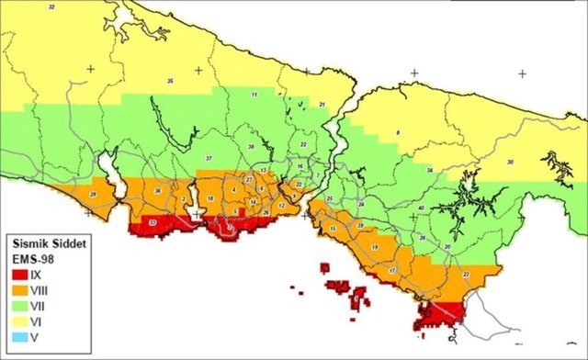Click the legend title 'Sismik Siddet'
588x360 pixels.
pos(49,245)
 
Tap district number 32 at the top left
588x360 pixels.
pos(51,7)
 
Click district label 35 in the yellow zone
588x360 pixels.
pos(171,82)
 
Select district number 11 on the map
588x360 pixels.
pos(254,95)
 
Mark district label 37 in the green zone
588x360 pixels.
pos(209,159)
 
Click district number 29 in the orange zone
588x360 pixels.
pos(93,195)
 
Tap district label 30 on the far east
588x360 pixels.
pos(510,163)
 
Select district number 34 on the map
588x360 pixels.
pos(430,171)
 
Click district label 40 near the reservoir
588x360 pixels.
pos(420,208)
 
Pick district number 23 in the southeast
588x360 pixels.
pos(466,274)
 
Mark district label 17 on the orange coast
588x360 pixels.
pos(392,271)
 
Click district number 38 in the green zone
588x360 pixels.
pos(251,147)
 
